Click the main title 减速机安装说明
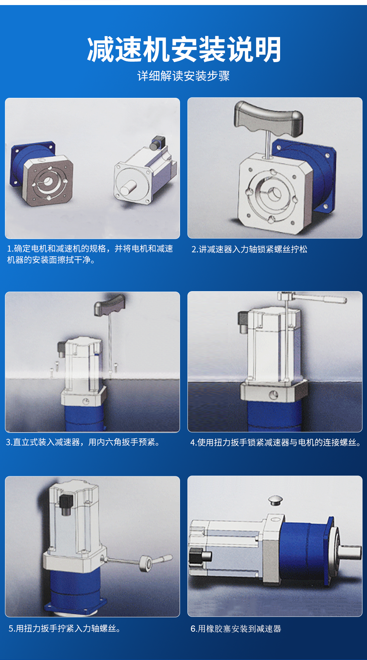(184, 49)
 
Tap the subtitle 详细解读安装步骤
(183, 76)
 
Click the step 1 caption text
(90, 254)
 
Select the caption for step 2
(249, 249)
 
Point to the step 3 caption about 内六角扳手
(83, 442)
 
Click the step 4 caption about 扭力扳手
(275, 443)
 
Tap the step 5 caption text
(64, 629)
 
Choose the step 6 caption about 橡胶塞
(235, 629)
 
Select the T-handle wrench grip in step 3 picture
(109, 305)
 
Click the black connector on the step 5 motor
(66, 505)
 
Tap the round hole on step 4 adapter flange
(274, 394)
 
